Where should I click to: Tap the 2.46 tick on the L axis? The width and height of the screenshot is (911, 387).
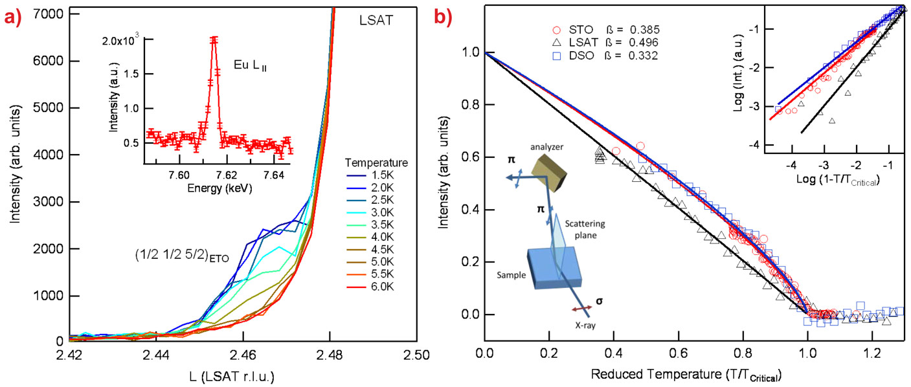(x=243, y=355)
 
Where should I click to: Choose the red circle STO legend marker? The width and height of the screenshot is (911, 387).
(x=555, y=29)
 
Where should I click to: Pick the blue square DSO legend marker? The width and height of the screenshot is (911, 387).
(x=555, y=56)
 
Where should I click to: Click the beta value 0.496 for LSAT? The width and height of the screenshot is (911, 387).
(x=643, y=43)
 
